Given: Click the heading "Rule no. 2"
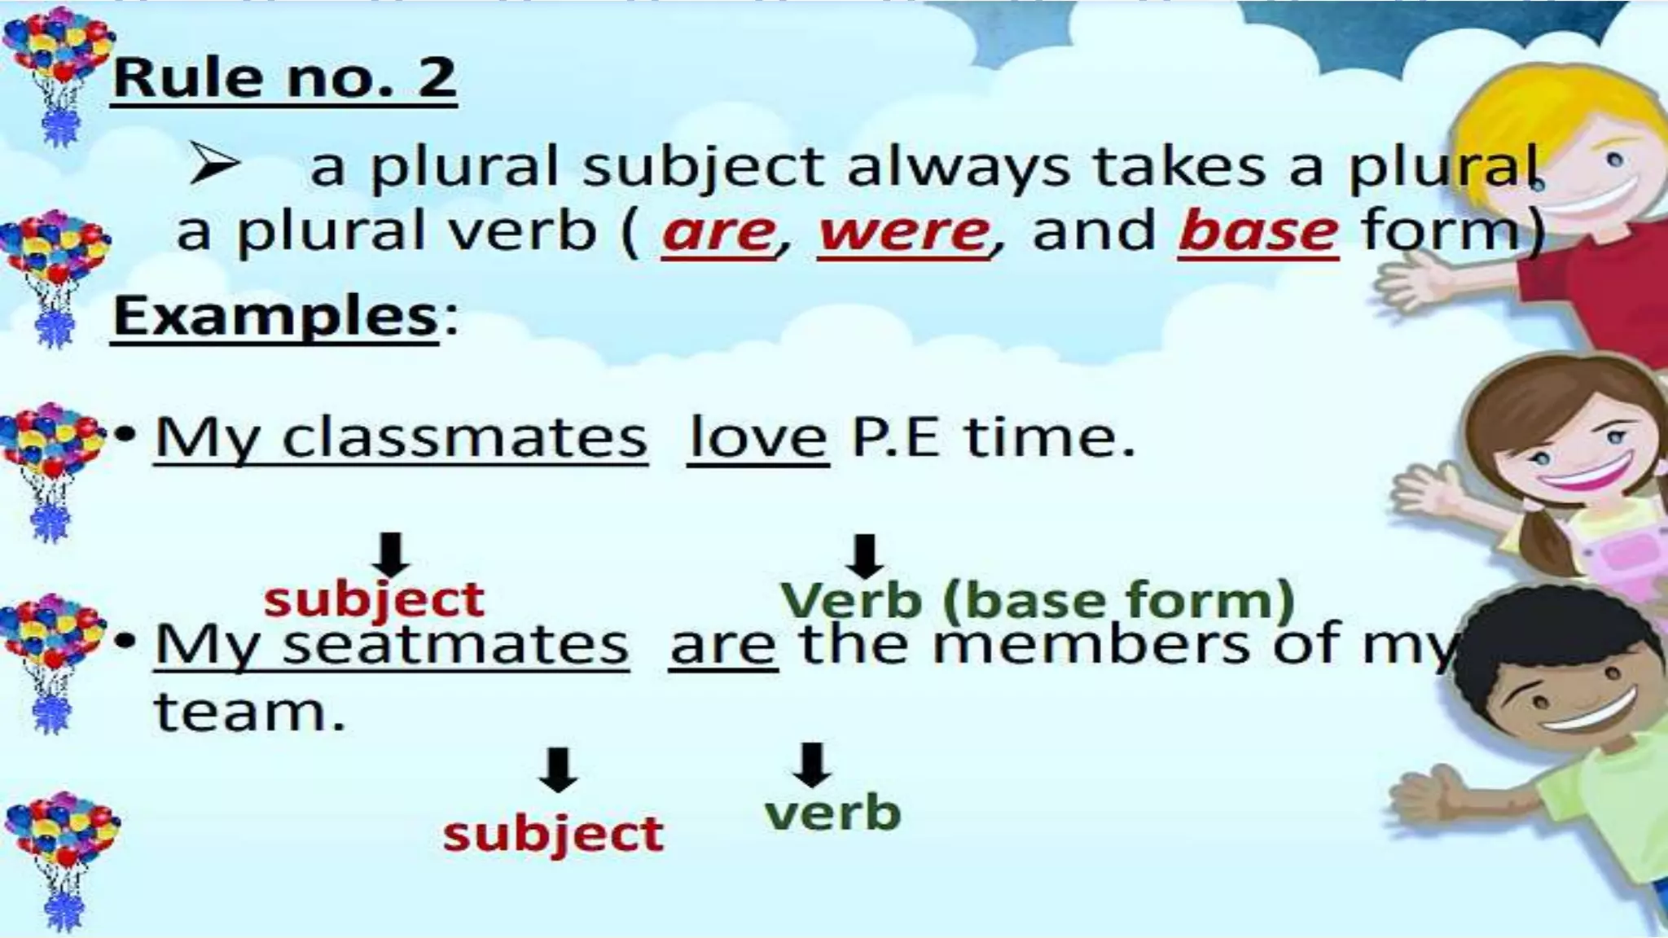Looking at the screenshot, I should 283,78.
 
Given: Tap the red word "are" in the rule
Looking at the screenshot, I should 719,232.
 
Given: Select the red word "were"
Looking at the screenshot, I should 904,232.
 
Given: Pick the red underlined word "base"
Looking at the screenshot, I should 1258,232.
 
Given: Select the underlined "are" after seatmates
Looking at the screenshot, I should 722,645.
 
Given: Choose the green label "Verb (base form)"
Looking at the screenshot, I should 1037,601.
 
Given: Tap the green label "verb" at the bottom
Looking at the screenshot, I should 832,813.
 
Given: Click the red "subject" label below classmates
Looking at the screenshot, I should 374,601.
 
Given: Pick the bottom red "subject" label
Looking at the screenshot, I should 553,834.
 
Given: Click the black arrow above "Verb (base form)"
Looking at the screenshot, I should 864,556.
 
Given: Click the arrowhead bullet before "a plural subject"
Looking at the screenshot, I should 213,163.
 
